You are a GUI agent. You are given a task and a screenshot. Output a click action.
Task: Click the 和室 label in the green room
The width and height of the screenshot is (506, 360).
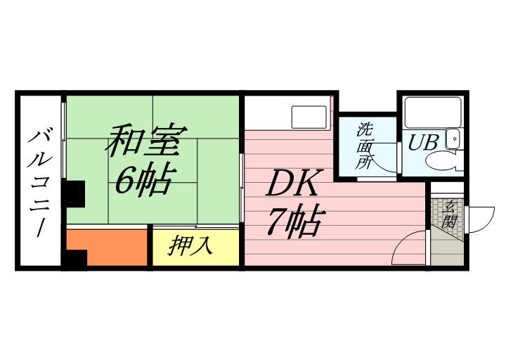146,140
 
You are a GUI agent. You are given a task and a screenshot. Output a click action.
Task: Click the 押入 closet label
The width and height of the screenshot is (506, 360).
190,246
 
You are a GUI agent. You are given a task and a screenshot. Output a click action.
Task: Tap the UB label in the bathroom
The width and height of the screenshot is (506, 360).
422,142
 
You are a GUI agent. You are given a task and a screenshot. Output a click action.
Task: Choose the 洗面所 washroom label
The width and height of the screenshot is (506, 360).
364,146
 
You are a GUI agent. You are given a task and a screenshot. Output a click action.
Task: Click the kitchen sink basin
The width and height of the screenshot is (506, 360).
309,117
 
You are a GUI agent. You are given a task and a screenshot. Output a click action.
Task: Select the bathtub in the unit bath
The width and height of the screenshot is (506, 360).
432,111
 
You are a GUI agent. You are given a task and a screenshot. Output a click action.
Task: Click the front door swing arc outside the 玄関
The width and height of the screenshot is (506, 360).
481,219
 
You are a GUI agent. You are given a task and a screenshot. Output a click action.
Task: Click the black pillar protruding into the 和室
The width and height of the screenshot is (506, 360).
74,194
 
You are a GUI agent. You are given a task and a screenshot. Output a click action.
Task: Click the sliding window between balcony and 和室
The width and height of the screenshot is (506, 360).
64,140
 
